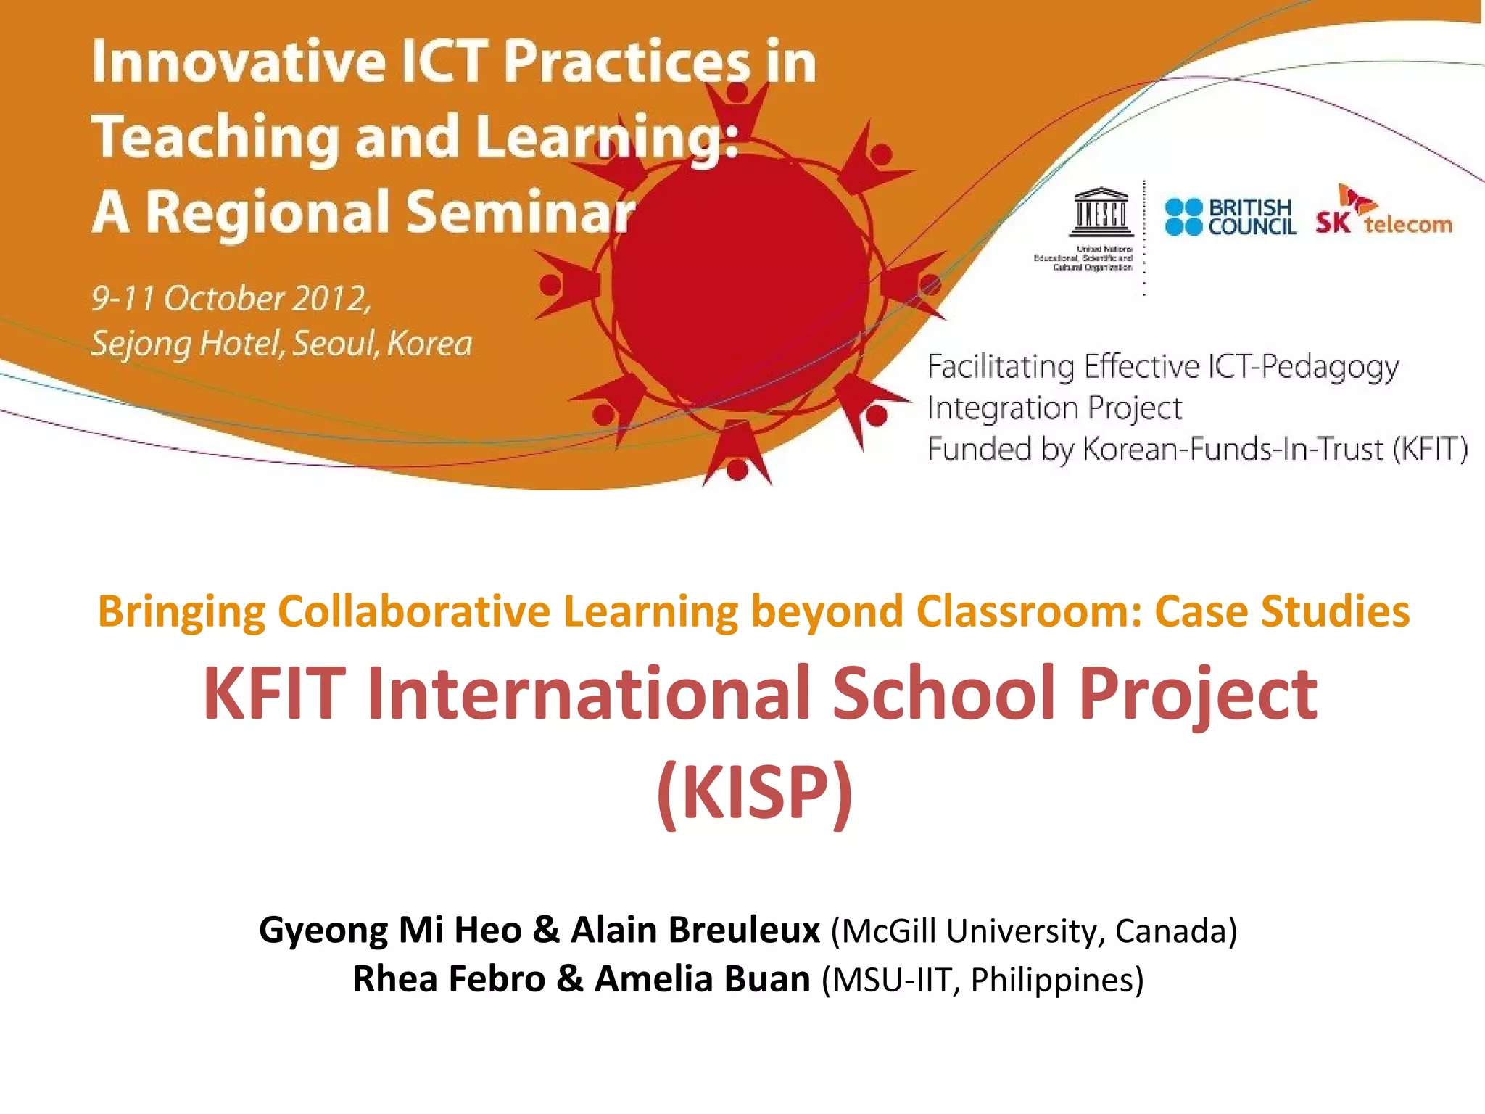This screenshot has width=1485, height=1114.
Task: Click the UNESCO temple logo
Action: [x=1101, y=213]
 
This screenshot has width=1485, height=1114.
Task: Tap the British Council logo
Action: [x=1230, y=217]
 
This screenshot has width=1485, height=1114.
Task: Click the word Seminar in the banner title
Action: [x=520, y=213]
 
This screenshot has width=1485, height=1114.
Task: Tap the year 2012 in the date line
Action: [x=331, y=298]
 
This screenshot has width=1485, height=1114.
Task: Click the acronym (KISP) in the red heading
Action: [x=754, y=793]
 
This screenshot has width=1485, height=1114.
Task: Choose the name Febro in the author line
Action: [x=497, y=979]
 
